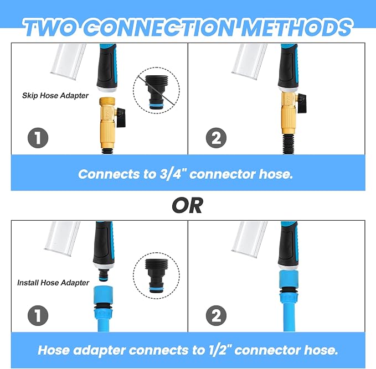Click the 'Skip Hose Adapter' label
pyautogui.click(x=55, y=96)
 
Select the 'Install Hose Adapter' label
pyautogui.click(x=53, y=283)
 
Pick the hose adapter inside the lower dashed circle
pyautogui.click(x=156, y=276)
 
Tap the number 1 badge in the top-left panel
pyautogui.click(x=38, y=138)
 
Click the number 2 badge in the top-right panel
pyautogui.click(x=216, y=138)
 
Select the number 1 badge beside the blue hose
pyautogui.click(x=38, y=315)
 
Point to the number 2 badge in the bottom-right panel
pyautogui.click(x=216, y=315)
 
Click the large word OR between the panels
pyautogui.click(x=188, y=206)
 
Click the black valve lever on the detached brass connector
pyautogui.click(x=121, y=117)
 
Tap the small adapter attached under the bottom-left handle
pyautogui.click(x=105, y=274)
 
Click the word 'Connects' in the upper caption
pyautogui.click(x=109, y=174)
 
